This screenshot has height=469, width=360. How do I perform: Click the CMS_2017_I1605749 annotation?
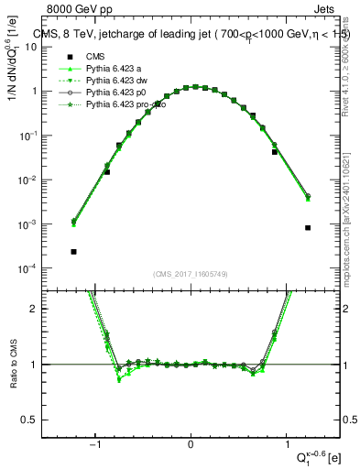coord(190,274)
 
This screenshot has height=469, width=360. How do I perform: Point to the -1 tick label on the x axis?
coord(95,445)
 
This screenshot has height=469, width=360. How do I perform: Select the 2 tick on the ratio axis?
coord(40,309)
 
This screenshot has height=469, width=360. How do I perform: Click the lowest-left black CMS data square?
coord(73,251)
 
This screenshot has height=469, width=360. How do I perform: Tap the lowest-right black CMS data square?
coord(308,228)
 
